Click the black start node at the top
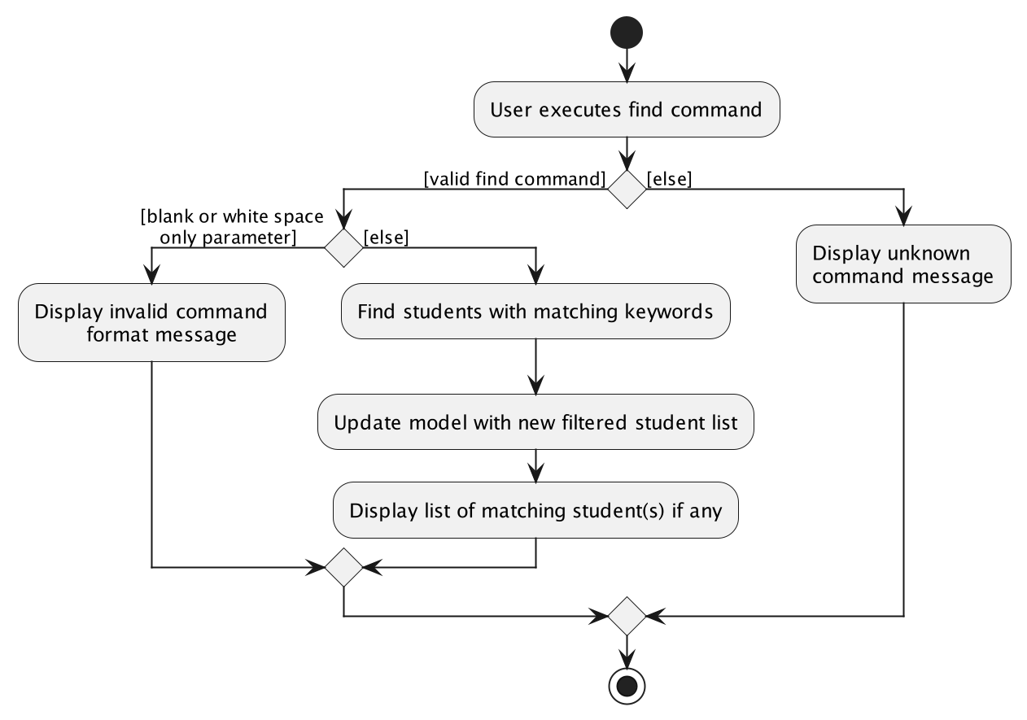coord(627,33)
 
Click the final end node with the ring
coord(627,687)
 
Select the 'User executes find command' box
coord(627,109)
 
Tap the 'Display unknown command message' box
coord(902,264)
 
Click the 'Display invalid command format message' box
coord(151,323)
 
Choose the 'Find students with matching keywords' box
coord(535,311)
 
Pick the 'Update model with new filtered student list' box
coord(535,423)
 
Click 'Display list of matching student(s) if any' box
coord(535,511)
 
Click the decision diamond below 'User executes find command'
coord(627,190)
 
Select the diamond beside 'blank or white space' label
coord(343,247)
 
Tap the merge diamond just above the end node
coord(627,616)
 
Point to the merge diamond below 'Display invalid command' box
coord(343,567)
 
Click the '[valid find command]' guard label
coord(514,179)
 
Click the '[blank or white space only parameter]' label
coord(231,227)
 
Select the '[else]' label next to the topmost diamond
coord(669,179)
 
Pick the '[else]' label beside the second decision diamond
coord(386,238)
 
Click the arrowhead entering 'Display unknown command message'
coord(902,216)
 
